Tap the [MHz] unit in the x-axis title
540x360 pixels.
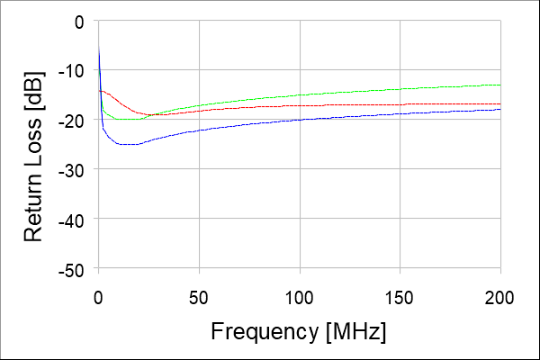357,331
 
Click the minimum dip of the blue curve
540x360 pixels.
126,144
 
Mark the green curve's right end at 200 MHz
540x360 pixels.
499,85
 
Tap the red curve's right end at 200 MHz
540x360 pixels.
499,104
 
